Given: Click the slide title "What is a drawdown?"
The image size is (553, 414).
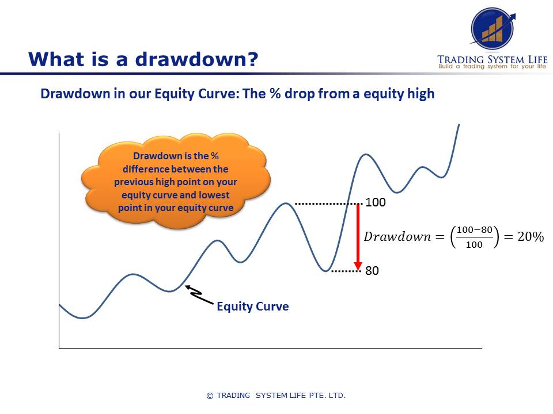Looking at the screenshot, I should (x=143, y=59).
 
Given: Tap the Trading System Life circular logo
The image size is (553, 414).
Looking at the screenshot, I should (x=493, y=27).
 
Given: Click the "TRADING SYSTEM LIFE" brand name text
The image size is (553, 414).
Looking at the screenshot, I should (x=492, y=59).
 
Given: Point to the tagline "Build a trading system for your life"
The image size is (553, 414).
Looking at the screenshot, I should (x=492, y=67).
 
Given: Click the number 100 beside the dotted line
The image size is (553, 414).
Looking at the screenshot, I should (x=376, y=203).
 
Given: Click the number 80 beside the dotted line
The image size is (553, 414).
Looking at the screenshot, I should (x=372, y=270).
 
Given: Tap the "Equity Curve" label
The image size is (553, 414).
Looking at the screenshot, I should (x=252, y=306).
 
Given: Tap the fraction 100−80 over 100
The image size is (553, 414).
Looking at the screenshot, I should (x=474, y=237).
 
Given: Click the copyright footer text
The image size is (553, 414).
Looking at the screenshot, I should (x=276, y=396).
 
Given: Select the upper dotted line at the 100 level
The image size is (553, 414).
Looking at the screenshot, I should (x=327, y=204).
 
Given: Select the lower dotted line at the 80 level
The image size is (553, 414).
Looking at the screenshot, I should (x=344, y=270).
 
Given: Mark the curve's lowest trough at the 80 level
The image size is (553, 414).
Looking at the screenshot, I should (x=327, y=270).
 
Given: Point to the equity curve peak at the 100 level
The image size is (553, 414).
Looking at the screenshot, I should (x=285, y=204).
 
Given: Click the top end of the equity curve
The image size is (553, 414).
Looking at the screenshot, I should (x=459, y=125).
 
